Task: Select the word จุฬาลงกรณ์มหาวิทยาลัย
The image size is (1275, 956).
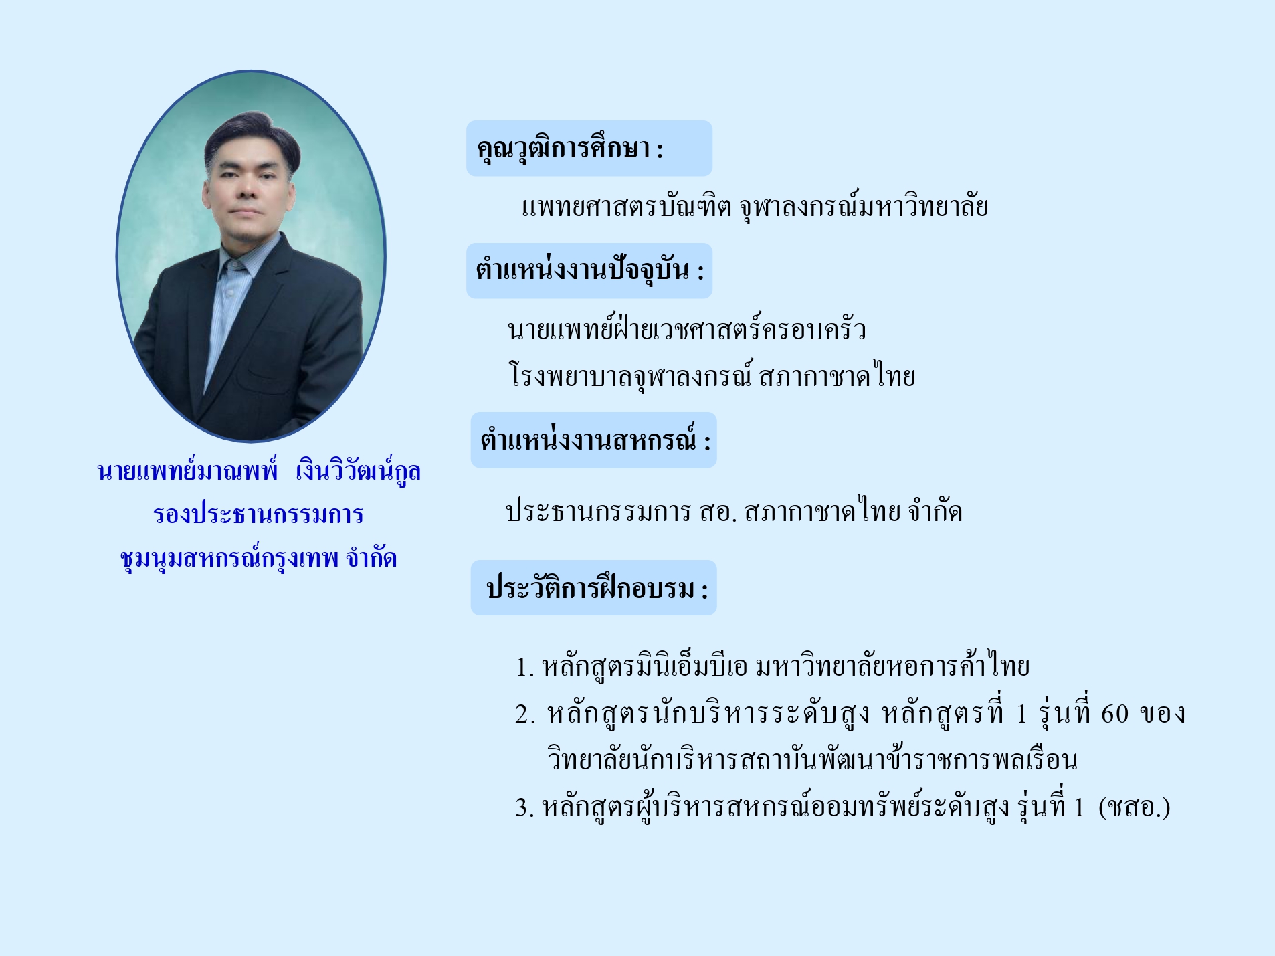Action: (864, 207)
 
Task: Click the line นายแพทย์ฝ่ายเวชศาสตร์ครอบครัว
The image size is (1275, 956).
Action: (686, 328)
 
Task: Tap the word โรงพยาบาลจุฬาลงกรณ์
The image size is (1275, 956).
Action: (631, 375)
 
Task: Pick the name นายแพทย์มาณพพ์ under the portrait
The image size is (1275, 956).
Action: (187, 471)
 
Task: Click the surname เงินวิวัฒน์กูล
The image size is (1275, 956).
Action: (359, 471)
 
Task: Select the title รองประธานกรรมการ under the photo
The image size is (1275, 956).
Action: (258, 514)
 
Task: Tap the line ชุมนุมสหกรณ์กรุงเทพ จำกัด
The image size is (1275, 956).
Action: (258, 557)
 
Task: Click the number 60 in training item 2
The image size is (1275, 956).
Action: (1114, 714)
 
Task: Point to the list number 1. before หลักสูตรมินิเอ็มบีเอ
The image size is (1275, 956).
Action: (525, 667)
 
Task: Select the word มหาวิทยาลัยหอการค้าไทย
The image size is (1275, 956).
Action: (892, 666)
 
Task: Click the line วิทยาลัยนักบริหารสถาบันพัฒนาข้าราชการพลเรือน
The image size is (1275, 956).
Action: (812, 760)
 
